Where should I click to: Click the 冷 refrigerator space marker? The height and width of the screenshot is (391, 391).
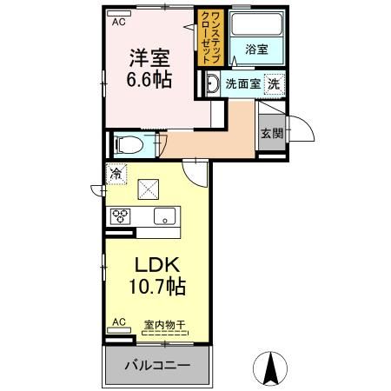116,174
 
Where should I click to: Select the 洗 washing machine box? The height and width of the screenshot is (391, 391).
274,84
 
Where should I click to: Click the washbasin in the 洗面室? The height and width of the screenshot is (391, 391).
212,84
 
